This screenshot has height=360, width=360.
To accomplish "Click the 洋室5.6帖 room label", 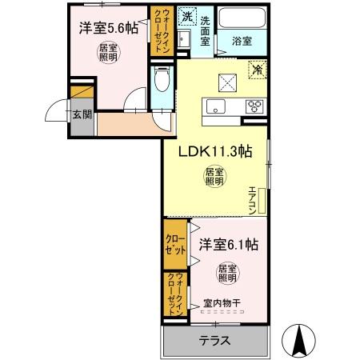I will coord(108,27).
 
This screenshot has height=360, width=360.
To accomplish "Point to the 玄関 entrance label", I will coord(82,114).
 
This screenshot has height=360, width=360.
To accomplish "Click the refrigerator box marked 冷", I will coord(257,70).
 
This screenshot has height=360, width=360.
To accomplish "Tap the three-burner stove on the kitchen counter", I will coord(257,106).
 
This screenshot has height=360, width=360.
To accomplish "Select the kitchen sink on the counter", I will coord(214,106).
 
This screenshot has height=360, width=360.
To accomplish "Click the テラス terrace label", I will coord(215,340).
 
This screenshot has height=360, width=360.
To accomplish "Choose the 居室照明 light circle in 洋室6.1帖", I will coord(227,272).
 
